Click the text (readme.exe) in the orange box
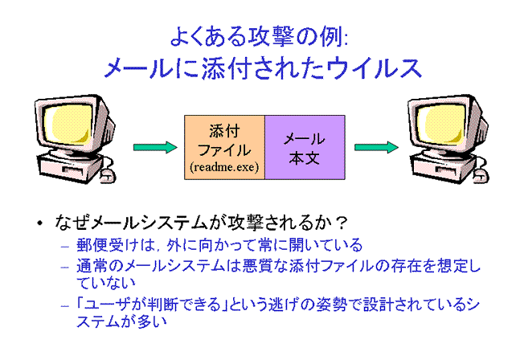pyautogui.click(x=224, y=166)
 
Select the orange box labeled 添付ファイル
pyautogui.click(x=224, y=148)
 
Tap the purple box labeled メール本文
pyautogui.click(x=305, y=148)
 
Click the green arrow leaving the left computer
pyautogui.click(x=155, y=147)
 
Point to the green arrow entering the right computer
pyautogui.click(x=376, y=147)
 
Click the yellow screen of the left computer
pyautogui.click(x=68, y=125)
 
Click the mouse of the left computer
pyautogui.click(x=109, y=175)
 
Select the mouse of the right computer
pyautogui.click(x=481, y=175)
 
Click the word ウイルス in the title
pyautogui.click(x=374, y=68)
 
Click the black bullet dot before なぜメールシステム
pyautogui.click(x=40, y=223)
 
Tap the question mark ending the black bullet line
pyautogui.click(x=341, y=223)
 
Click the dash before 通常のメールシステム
pyautogui.click(x=65, y=267)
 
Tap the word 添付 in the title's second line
pyautogui.click(x=225, y=68)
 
